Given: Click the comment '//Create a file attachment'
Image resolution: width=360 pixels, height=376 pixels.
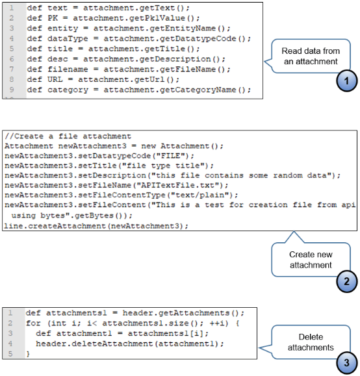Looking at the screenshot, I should click(x=68, y=136).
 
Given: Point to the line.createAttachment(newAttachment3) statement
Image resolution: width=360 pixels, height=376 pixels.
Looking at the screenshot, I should click(x=96, y=225).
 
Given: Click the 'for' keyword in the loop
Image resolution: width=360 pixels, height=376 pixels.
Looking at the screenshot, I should click(x=33, y=323).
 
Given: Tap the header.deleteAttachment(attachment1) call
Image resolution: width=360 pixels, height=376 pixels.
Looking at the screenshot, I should click(x=129, y=344).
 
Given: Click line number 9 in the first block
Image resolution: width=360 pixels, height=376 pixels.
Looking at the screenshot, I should click(x=12, y=90).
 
